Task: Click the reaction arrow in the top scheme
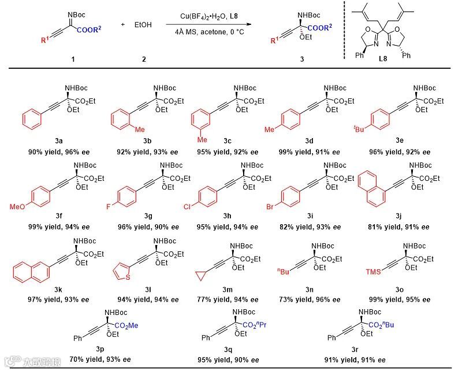click(x=209, y=25)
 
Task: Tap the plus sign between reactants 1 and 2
click(x=123, y=25)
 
